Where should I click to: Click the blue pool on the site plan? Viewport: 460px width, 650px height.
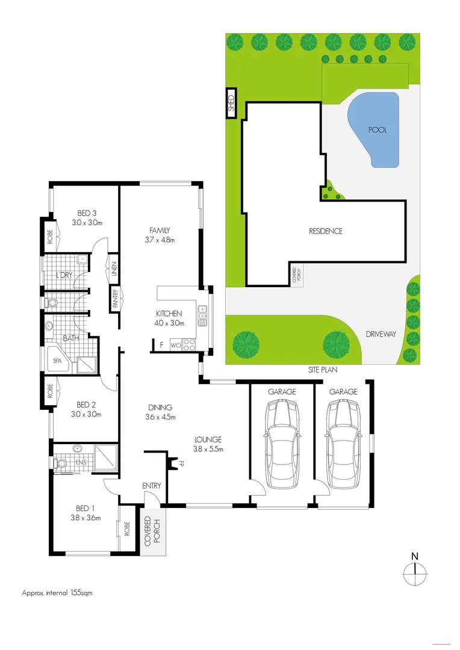pyautogui.click(x=375, y=129)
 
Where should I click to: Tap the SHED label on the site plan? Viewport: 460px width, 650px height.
pyautogui.click(x=230, y=104)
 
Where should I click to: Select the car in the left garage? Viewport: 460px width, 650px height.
pyautogui.click(x=282, y=445)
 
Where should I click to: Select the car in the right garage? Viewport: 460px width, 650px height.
pyautogui.click(x=343, y=445)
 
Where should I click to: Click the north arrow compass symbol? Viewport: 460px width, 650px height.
pyautogui.click(x=414, y=571)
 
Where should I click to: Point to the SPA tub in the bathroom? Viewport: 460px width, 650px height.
pyautogui.click(x=58, y=362)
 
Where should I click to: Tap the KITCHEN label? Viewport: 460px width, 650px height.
pyautogui.click(x=169, y=314)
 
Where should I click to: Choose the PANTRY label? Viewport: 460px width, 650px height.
pyautogui.click(x=115, y=299)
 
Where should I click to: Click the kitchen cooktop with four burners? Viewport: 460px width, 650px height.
pyautogui.click(x=188, y=345)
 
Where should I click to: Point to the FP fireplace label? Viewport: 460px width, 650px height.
pyautogui.click(x=180, y=463)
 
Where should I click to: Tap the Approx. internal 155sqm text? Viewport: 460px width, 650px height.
pyautogui.click(x=57, y=592)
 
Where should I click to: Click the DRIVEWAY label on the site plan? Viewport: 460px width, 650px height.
pyautogui.click(x=381, y=335)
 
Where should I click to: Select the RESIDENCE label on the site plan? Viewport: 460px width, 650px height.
pyautogui.click(x=326, y=231)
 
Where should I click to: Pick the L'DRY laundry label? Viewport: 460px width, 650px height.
pyautogui.click(x=64, y=275)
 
